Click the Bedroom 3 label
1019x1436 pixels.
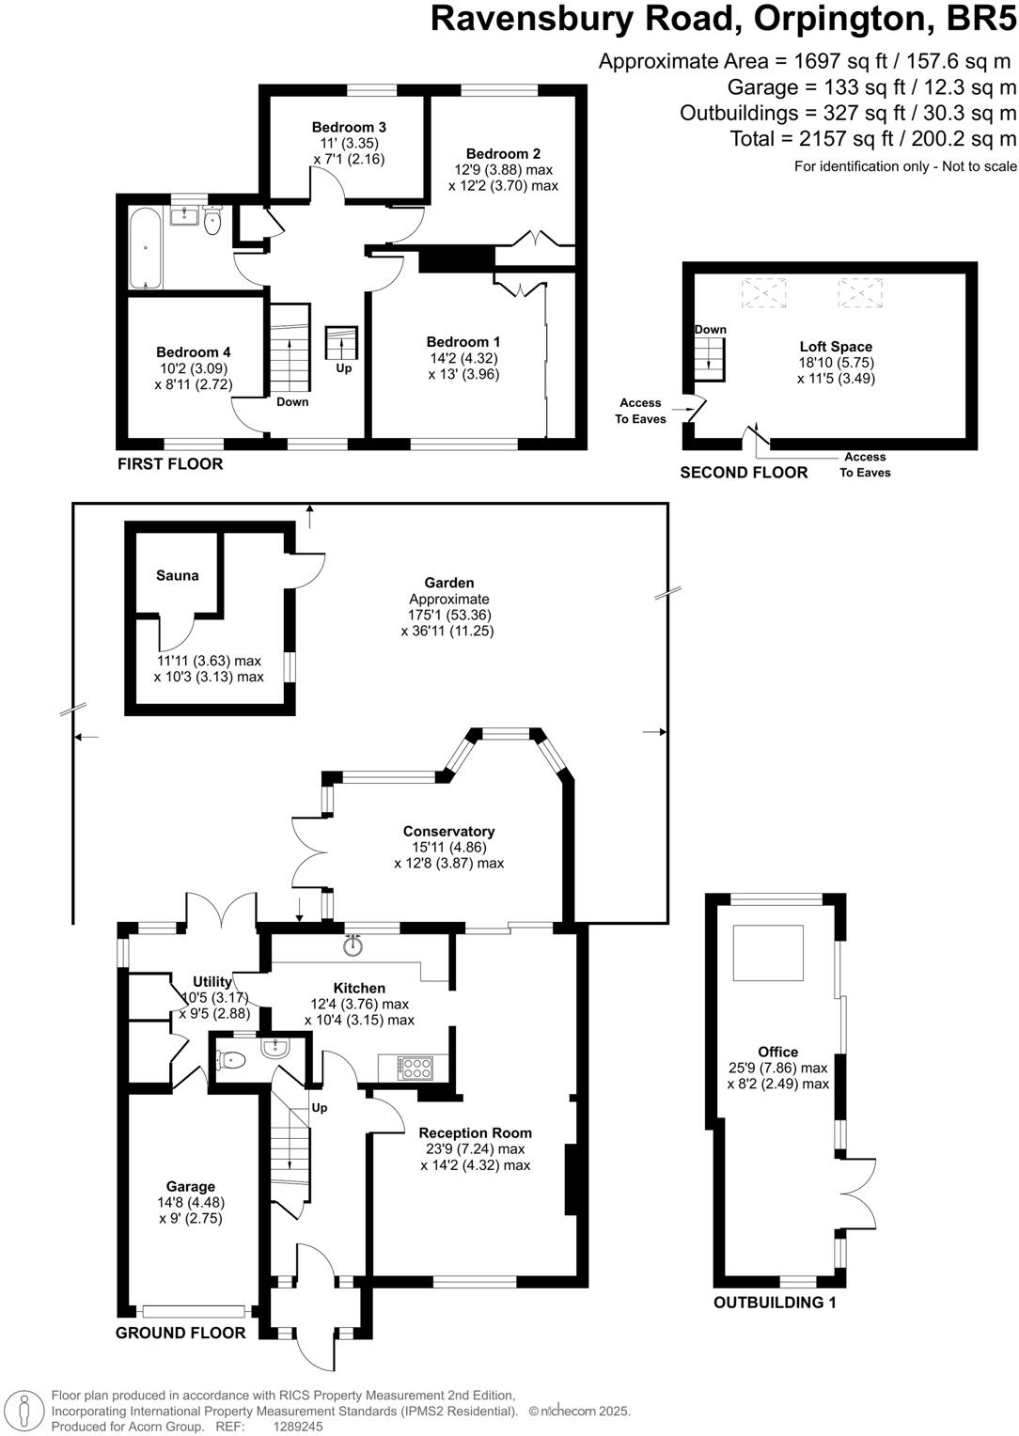(x=349, y=127)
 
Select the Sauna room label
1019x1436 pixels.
(x=178, y=575)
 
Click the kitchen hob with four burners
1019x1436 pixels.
(x=415, y=1068)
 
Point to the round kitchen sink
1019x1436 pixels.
(x=353, y=945)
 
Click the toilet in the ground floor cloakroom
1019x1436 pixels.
(x=231, y=1060)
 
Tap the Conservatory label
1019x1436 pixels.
(x=448, y=831)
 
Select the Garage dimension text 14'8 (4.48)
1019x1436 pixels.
(x=191, y=1202)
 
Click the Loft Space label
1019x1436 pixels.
(x=836, y=347)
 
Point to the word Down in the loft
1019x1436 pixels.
(x=711, y=330)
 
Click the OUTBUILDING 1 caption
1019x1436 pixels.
(x=775, y=1303)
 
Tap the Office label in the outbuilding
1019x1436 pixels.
(x=777, y=1052)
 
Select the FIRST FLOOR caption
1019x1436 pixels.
(x=170, y=463)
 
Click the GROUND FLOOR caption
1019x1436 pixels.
(x=180, y=1333)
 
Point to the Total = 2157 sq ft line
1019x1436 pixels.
(x=873, y=139)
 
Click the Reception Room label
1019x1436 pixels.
(x=475, y=1132)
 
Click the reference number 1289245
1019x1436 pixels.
(x=298, y=1426)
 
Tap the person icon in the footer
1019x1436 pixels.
(x=25, y=1410)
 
